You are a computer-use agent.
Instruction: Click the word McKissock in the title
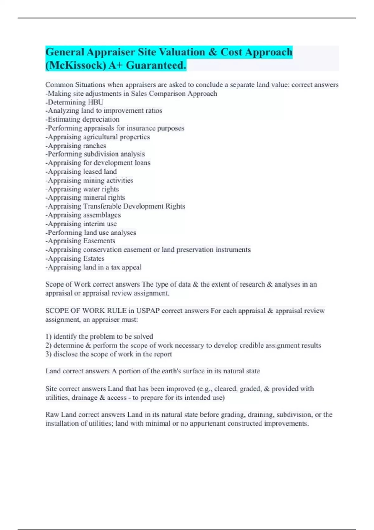(77, 65)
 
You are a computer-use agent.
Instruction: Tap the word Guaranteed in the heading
(156, 65)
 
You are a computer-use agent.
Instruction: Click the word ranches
(94, 146)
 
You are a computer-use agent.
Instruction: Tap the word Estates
(93, 258)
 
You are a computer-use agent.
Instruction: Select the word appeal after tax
(133, 267)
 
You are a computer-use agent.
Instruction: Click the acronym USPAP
(148, 311)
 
